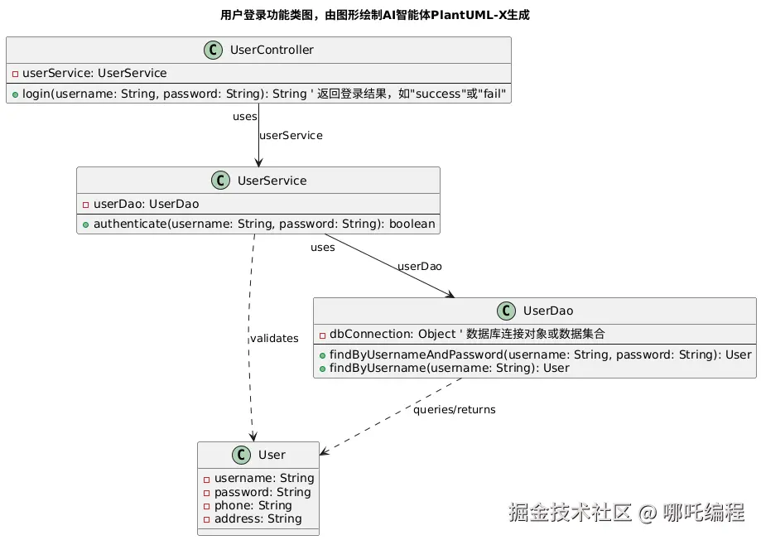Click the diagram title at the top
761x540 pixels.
[375, 15]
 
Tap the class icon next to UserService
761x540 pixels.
[222, 181]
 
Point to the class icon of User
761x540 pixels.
[243, 455]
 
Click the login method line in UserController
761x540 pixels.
[258, 94]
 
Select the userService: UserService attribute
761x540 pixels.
[89, 73]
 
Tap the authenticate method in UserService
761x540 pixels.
[258, 224]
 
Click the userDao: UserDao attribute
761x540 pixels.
[141, 204]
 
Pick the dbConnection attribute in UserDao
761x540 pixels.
[462, 335]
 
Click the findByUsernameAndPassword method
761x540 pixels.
[535, 354]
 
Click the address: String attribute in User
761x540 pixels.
[253, 518]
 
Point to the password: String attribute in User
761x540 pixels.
[258, 492]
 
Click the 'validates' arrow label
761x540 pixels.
[274, 338]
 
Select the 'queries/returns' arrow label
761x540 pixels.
[455, 410]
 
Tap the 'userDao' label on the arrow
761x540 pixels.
[419, 267]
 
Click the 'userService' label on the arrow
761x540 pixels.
[291, 135]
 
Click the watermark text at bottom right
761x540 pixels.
[626, 513]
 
